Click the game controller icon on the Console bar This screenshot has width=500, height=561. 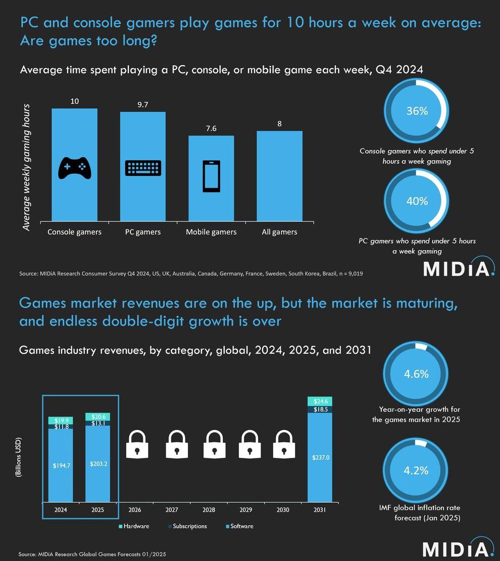[75, 168]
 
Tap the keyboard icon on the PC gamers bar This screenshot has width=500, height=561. [143, 168]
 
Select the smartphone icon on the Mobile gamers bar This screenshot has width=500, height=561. [211, 176]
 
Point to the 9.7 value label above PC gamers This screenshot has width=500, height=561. [143, 105]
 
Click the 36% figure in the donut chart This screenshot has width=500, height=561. [417, 111]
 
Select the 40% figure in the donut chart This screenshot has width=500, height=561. [417, 201]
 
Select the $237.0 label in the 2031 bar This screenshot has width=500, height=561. [320, 457]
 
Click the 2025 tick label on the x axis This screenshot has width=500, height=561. [98, 510]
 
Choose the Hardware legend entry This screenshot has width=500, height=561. [134, 526]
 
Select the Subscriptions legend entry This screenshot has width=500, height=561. [186, 526]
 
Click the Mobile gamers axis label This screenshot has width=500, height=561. [211, 232]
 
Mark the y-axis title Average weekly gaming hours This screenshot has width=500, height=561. [27, 167]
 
